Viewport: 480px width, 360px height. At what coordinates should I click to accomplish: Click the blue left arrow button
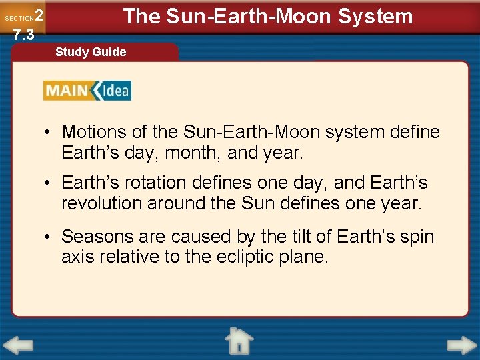point(18,345)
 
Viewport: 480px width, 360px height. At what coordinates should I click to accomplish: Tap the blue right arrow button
point(461,345)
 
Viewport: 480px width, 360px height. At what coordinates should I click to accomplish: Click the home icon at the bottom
point(239,341)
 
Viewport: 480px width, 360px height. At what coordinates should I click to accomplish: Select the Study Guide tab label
point(91,52)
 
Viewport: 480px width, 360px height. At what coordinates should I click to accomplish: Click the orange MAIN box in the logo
point(67,90)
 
